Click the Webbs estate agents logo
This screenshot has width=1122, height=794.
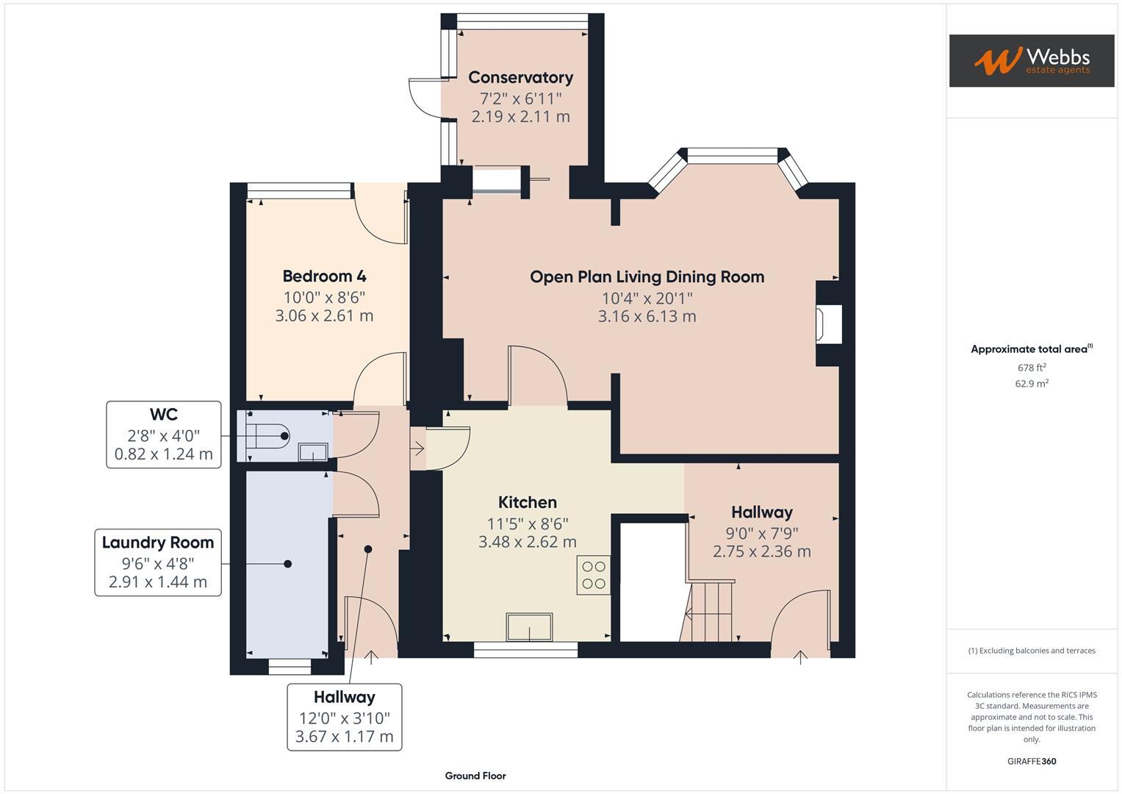click(x=1031, y=60)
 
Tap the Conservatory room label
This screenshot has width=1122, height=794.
click(x=520, y=78)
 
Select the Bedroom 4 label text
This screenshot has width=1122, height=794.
click(x=324, y=276)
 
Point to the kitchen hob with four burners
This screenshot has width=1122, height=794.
click(x=593, y=575)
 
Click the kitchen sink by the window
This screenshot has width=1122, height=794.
click(x=528, y=627)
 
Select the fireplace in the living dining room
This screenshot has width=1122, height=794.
click(x=827, y=323)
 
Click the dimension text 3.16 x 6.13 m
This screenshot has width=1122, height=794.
click(x=647, y=316)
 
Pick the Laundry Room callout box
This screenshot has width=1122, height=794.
click(x=158, y=562)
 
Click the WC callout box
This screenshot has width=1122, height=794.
click(x=163, y=434)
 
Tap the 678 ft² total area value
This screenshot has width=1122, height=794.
click(x=1031, y=368)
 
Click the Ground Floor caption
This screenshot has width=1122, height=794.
click(x=475, y=776)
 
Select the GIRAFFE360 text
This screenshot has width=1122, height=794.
click(x=1031, y=761)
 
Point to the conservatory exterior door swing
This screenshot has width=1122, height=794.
click(x=424, y=97)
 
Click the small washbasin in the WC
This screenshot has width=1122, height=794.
click(x=313, y=451)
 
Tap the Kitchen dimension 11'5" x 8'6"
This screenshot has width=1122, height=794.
click(x=527, y=523)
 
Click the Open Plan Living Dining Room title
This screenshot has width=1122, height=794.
click(x=647, y=277)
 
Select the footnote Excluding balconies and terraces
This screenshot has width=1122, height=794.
click(x=1031, y=651)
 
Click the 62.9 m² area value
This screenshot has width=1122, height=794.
click(x=1031, y=383)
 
